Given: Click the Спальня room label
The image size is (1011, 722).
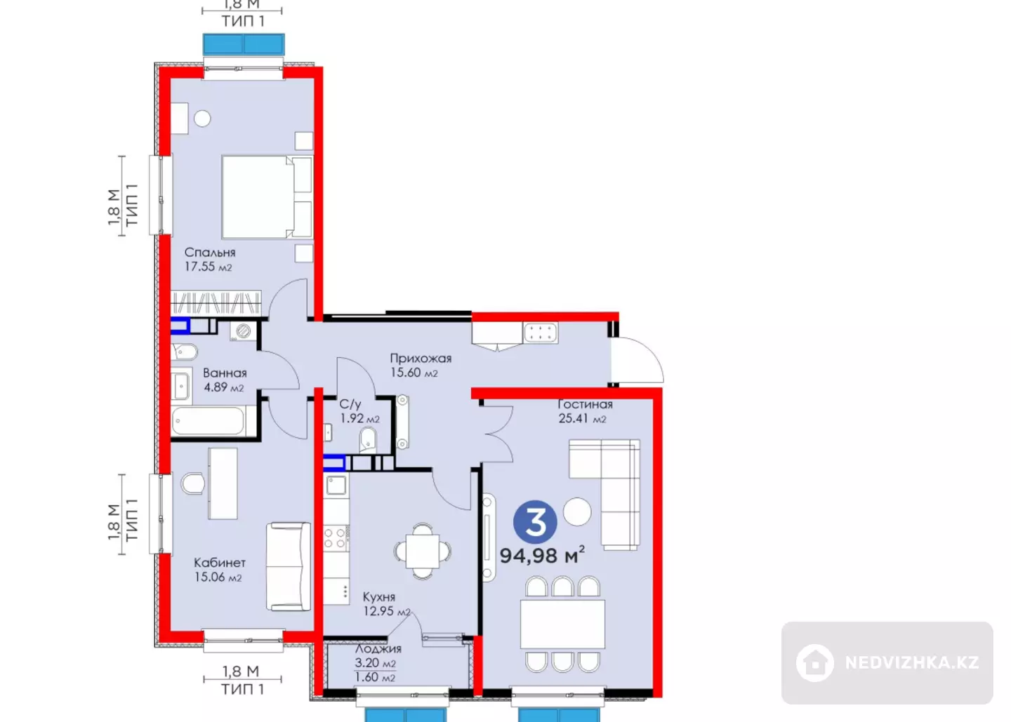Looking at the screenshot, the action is [210, 253].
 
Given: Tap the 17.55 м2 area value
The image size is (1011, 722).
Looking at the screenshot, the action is [208, 267].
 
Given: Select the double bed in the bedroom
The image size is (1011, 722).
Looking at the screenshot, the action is [267, 197].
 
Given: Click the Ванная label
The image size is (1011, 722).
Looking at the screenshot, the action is [225, 373].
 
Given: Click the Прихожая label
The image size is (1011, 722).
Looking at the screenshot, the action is [421, 359].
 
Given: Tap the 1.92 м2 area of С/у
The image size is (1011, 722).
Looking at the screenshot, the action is [359, 418].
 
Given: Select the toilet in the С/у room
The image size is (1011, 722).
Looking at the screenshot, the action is [368, 440].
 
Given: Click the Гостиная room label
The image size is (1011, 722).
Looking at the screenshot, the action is [585, 404].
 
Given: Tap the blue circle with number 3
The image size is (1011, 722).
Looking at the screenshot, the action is [535, 522].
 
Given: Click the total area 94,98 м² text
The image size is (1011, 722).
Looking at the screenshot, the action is [542, 555].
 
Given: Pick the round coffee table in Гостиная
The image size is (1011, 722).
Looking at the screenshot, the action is [577, 512].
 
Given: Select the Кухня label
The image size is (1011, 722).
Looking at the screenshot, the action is [379, 597].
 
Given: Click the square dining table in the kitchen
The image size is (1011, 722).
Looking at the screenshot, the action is [423, 551].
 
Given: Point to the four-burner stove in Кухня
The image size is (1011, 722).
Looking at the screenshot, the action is [336, 538].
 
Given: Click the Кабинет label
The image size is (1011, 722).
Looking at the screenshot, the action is [220, 563].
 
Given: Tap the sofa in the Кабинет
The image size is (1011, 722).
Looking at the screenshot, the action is [289, 567].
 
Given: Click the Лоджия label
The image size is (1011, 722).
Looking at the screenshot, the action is [378, 649].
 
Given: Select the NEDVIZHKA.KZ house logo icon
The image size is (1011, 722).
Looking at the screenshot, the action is [815, 662].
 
